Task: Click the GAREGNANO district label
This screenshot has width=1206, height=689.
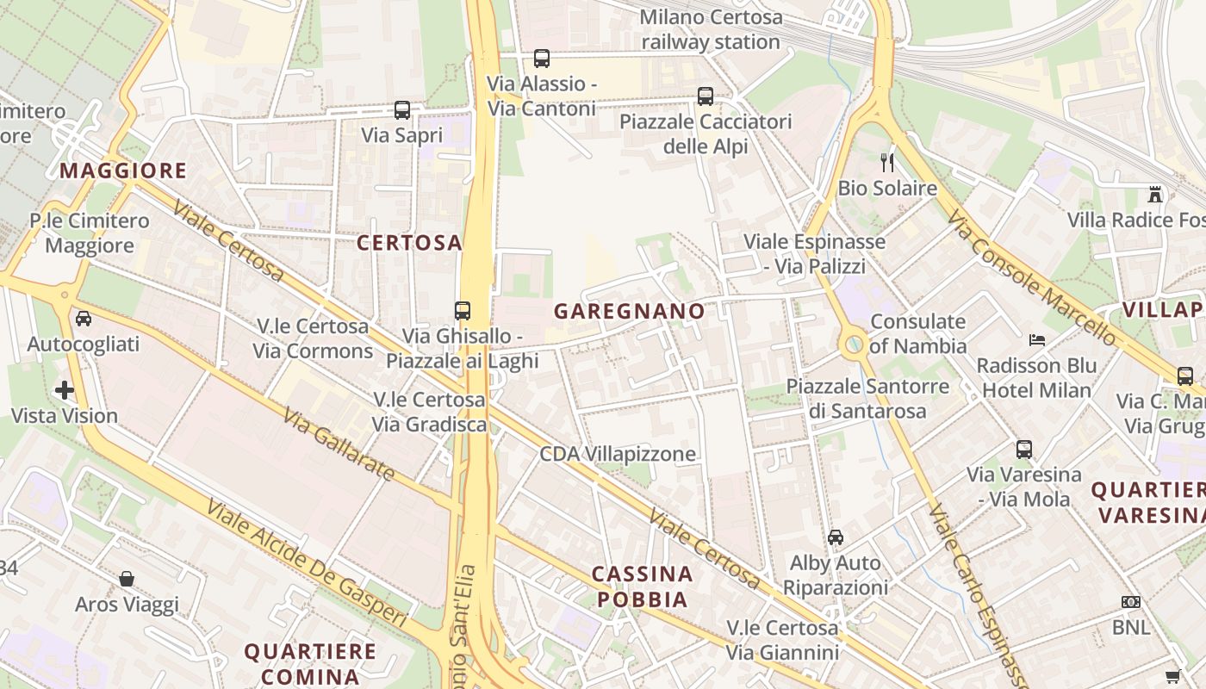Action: click(x=629, y=311)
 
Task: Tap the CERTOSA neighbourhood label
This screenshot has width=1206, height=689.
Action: click(x=410, y=243)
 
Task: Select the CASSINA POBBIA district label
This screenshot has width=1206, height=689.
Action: click(x=643, y=587)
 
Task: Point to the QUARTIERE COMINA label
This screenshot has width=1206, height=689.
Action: click(x=310, y=663)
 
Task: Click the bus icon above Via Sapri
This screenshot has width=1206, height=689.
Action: click(x=402, y=110)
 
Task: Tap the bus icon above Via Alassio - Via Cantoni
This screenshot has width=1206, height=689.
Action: click(x=541, y=59)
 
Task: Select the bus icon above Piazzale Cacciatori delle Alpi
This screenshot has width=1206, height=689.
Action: click(x=706, y=96)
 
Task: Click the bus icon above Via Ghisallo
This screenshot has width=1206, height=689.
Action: click(x=463, y=310)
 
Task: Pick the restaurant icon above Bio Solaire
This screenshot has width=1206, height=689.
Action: click(x=887, y=162)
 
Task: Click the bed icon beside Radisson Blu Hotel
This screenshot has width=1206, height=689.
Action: click(x=1037, y=339)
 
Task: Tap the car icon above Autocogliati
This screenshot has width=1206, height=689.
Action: click(x=84, y=319)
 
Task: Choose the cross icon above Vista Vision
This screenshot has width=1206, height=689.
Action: click(x=65, y=390)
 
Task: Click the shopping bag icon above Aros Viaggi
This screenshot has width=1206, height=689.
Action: click(x=127, y=579)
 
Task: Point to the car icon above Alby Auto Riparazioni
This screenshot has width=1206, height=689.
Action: click(x=835, y=537)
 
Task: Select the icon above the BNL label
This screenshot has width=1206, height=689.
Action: click(x=1131, y=602)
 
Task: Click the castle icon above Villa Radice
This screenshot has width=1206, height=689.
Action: click(x=1155, y=195)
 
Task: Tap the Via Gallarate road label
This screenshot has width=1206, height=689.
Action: click(x=339, y=444)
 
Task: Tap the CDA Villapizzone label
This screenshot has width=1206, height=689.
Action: click(x=618, y=454)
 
